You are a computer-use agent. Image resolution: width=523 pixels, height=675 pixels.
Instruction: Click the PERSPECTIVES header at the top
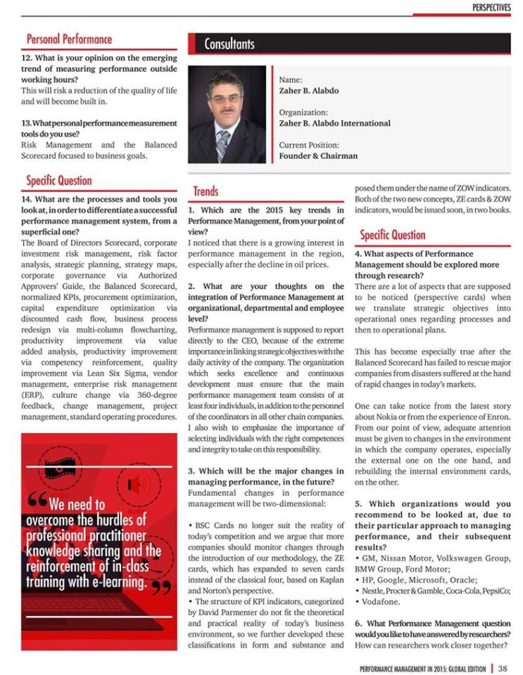coord(491,7)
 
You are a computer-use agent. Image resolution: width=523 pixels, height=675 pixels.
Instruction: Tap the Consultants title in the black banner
coord(229,44)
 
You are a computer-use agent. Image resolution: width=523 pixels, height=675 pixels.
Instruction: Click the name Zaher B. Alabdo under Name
coord(309,91)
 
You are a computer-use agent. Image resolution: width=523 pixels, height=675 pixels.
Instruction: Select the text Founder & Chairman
coord(318,156)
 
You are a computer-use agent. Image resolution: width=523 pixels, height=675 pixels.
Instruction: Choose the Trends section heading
coord(205,192)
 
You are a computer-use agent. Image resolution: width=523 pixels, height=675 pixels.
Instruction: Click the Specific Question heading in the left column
coord(59,181)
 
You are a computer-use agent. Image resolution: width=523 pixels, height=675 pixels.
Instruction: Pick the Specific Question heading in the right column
coord(392,235)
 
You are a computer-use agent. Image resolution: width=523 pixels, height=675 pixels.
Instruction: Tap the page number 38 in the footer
coord(503,668)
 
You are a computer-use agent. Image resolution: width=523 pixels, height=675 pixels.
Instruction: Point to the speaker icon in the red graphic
coord(138,485)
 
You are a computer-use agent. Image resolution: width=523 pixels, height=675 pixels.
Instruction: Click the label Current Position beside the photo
coord(309,145)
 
